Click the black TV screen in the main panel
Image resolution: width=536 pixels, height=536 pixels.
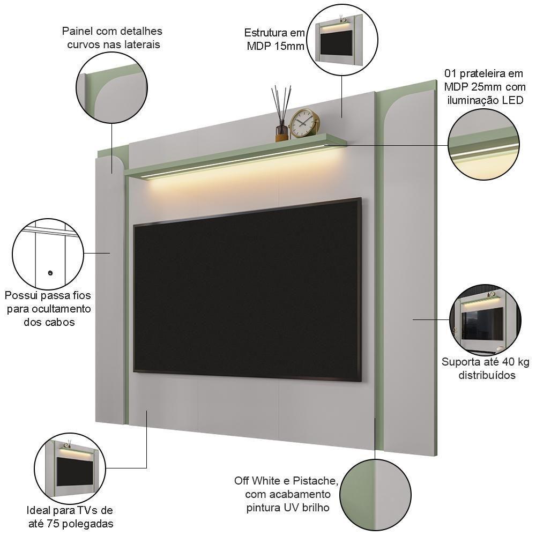[247, 289]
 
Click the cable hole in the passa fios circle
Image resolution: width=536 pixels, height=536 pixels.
[50, 273]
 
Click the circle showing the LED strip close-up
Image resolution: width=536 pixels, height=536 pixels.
[483, 144]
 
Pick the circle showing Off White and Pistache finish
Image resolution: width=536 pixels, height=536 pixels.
[375, 494]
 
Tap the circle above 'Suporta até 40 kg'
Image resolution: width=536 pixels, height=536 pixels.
[483, 319]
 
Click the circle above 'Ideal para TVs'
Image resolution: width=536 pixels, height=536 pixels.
[70, 468]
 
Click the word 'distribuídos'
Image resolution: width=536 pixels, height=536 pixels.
[486, 375]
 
